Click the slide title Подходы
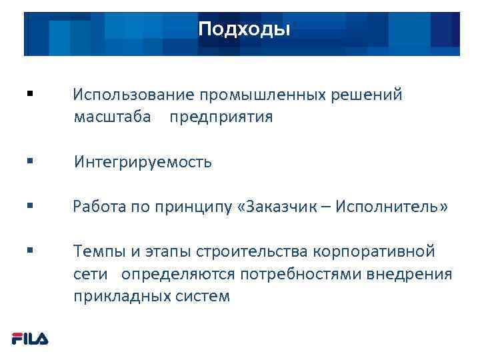click(244, 30)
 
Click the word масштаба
click(112, 117)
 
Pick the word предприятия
click(221, 117)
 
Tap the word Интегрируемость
click(143, 162)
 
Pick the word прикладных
click(117, 297)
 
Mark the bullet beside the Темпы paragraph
click(31, 251)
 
